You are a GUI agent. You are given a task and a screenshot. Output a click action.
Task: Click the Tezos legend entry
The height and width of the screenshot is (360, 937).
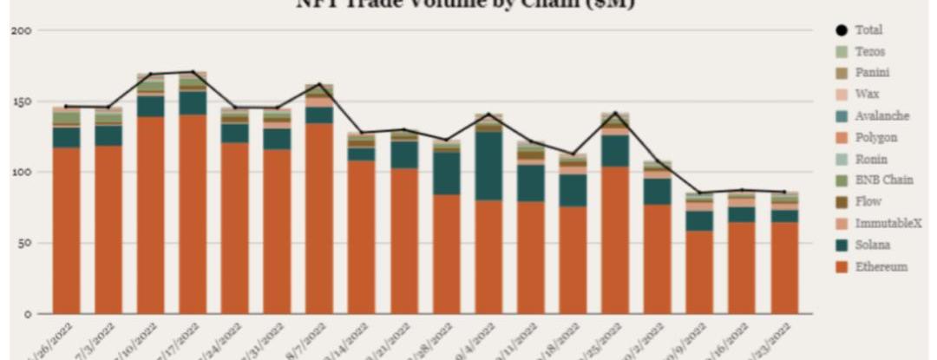(869, 52)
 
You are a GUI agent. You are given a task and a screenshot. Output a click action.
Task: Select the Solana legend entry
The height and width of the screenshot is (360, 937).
(872, 245)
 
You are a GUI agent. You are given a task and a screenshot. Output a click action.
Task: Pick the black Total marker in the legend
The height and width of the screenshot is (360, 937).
(841, 30)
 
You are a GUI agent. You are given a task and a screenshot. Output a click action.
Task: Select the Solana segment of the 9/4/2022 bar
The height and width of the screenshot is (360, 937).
(488, 166)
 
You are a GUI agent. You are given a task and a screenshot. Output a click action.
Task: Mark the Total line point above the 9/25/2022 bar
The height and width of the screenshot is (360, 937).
(615, 113)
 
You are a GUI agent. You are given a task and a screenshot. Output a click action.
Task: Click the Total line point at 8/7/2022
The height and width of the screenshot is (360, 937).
(319, 84)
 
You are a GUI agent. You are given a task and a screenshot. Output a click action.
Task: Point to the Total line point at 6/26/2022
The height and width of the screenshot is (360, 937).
(66, 106)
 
